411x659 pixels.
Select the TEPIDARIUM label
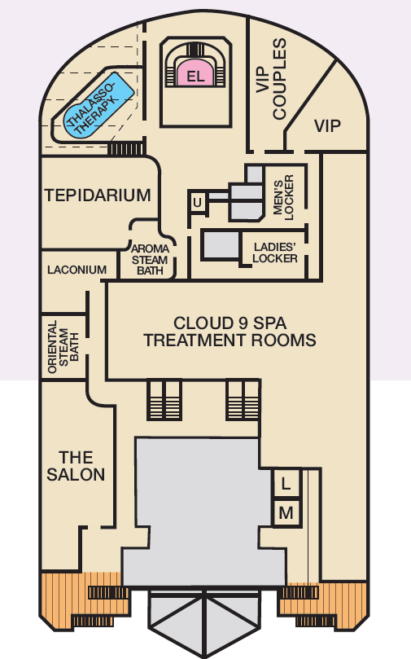point(98,196)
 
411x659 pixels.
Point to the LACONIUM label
point(77,270)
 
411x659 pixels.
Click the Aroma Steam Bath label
point(150,260)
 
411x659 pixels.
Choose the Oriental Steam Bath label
point(63,347)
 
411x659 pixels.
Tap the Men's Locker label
point(284,197)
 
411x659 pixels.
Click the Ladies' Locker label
point(275,253)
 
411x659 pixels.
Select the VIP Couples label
point(271,79)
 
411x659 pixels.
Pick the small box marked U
point(197,203)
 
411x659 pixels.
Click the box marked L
point(286,483)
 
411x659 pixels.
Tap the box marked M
point(286,512)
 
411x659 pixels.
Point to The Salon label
point(76,466)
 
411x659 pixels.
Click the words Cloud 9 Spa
point(230,323)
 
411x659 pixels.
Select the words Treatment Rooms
point(230,340)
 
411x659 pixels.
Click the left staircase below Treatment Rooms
point(164,400)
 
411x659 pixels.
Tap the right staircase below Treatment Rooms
point(243,400)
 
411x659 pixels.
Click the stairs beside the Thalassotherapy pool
point(126,149)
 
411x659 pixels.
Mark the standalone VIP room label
point(327,125)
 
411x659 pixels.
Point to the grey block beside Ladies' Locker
point(221,244)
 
